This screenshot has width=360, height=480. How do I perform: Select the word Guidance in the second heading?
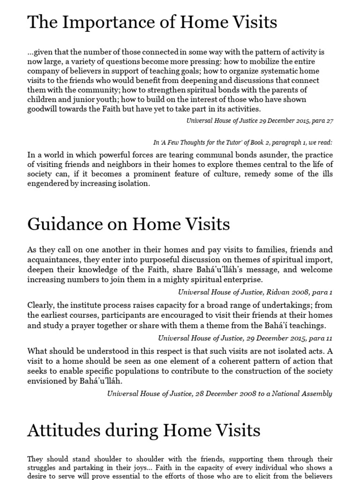pos(64,224)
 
